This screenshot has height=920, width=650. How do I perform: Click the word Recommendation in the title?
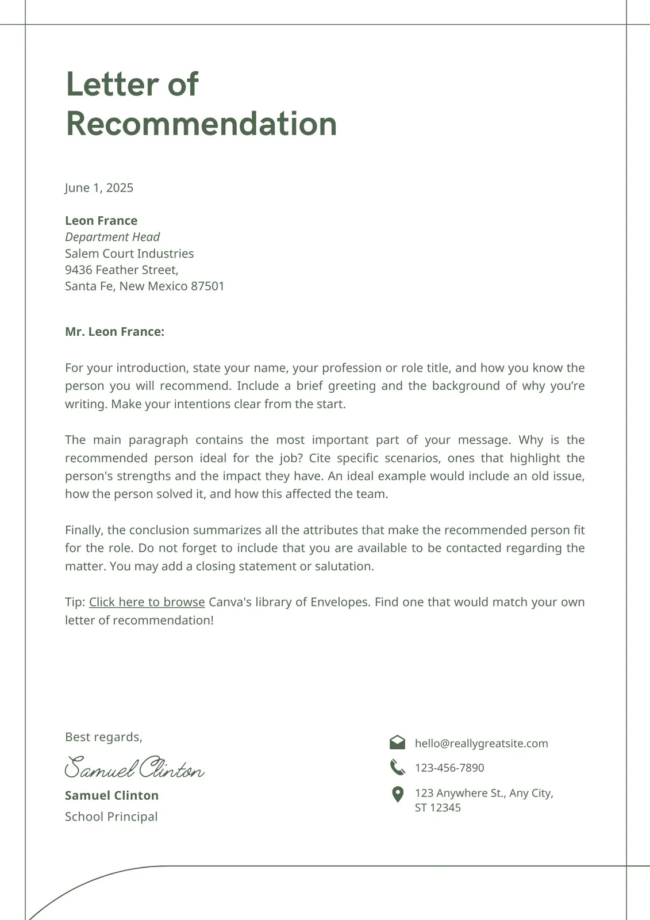(x=201, y=124)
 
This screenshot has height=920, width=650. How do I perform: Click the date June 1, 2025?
(x=99, y=188)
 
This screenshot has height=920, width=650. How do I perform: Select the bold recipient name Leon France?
(x=101, y=221)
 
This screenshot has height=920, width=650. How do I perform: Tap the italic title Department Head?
(x=112, y=237)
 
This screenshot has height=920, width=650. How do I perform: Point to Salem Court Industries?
(x=129, y=254)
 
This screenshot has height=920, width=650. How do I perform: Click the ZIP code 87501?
(x=207, y=286)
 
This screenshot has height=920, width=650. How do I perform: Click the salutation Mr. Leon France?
(x=114, y=332)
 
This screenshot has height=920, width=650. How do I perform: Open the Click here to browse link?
(x=147, y=602)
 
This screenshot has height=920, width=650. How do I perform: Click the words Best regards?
(x=103, y=737)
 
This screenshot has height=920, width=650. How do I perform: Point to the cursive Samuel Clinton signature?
(x=134, y=768)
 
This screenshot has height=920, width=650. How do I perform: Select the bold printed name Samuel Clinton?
(x=111, y=796)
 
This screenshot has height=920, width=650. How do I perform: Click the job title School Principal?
(x=111, y=816)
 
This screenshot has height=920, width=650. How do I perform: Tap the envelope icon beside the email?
(x=397, y=743)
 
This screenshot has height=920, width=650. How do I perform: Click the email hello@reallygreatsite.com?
(x=481, y=743)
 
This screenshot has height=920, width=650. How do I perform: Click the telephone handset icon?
(x=397, y=767)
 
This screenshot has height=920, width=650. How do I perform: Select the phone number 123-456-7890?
(x=449, y=768)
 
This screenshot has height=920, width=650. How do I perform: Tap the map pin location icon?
(x=397, y=795)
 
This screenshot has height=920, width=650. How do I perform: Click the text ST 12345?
(x=437, y=808)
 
